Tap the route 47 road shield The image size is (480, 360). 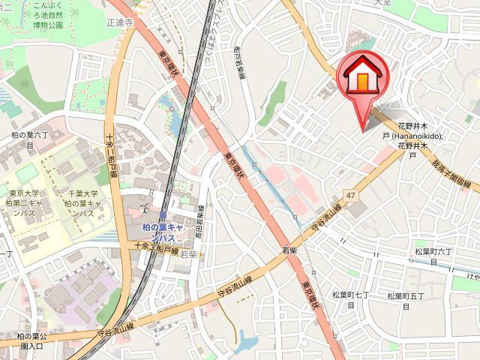click(x=349, y=195)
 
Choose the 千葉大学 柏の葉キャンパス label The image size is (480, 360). click(x=85, y=202)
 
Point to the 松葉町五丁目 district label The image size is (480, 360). click(x=406, y=301)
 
